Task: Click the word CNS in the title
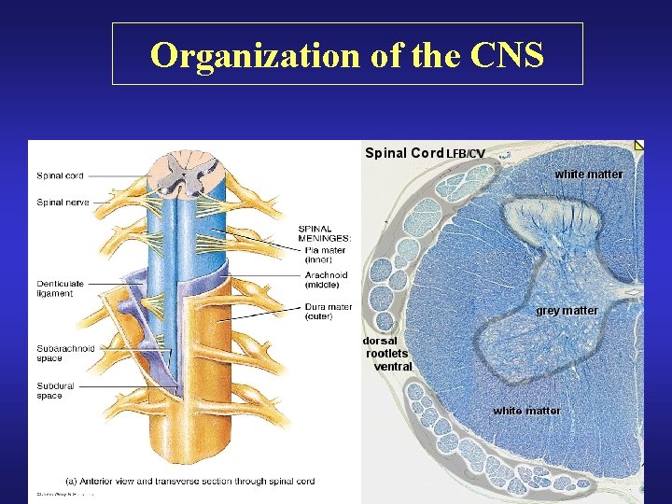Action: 508,55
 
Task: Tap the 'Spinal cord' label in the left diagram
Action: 60,175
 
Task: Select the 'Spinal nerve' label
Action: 63,202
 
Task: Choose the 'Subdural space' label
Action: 55,390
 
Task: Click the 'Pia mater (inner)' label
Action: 326,255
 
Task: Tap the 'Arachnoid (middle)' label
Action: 326,280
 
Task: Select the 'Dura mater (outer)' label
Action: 329,311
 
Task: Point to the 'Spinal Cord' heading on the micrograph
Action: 403,153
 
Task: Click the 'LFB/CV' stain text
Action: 465,154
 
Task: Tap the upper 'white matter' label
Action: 588,175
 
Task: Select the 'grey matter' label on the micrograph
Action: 567,311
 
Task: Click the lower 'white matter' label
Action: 526,411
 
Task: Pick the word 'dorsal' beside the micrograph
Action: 380,341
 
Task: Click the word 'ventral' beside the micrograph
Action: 392,367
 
